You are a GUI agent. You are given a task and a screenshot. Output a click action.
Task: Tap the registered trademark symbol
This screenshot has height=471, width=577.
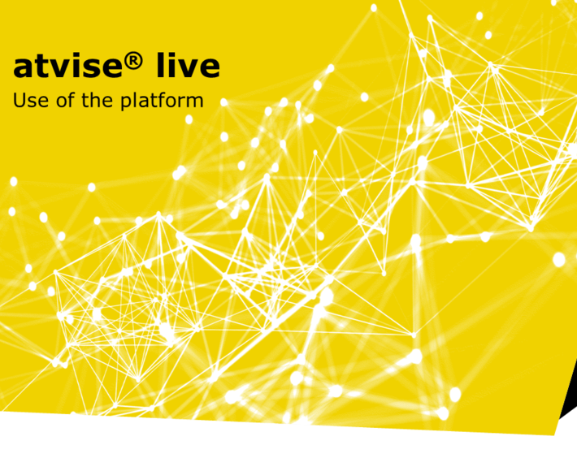coord(132,61)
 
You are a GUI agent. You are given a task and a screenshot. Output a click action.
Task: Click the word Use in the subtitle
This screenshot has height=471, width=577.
coord(31,100)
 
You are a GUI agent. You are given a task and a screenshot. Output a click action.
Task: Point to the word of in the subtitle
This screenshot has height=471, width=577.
coord(66,100)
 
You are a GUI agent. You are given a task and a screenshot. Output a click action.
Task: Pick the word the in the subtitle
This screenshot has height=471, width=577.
coord(97,100)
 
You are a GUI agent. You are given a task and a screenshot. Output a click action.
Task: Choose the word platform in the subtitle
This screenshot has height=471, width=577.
coord(162,102)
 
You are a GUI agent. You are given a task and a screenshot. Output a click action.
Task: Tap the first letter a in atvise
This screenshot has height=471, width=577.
coord(22,67)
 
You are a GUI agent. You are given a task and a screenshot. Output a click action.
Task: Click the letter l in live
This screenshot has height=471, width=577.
coord(160,64)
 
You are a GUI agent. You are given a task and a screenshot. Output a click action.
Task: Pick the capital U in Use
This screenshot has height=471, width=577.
coord(20,100)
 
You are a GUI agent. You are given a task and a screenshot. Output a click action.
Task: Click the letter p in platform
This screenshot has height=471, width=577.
coord(125,103)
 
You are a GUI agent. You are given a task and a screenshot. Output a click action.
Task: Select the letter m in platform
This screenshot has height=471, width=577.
coord(195,102)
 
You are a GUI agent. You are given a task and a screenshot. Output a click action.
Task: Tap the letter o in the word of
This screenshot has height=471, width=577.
coord(62,102)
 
